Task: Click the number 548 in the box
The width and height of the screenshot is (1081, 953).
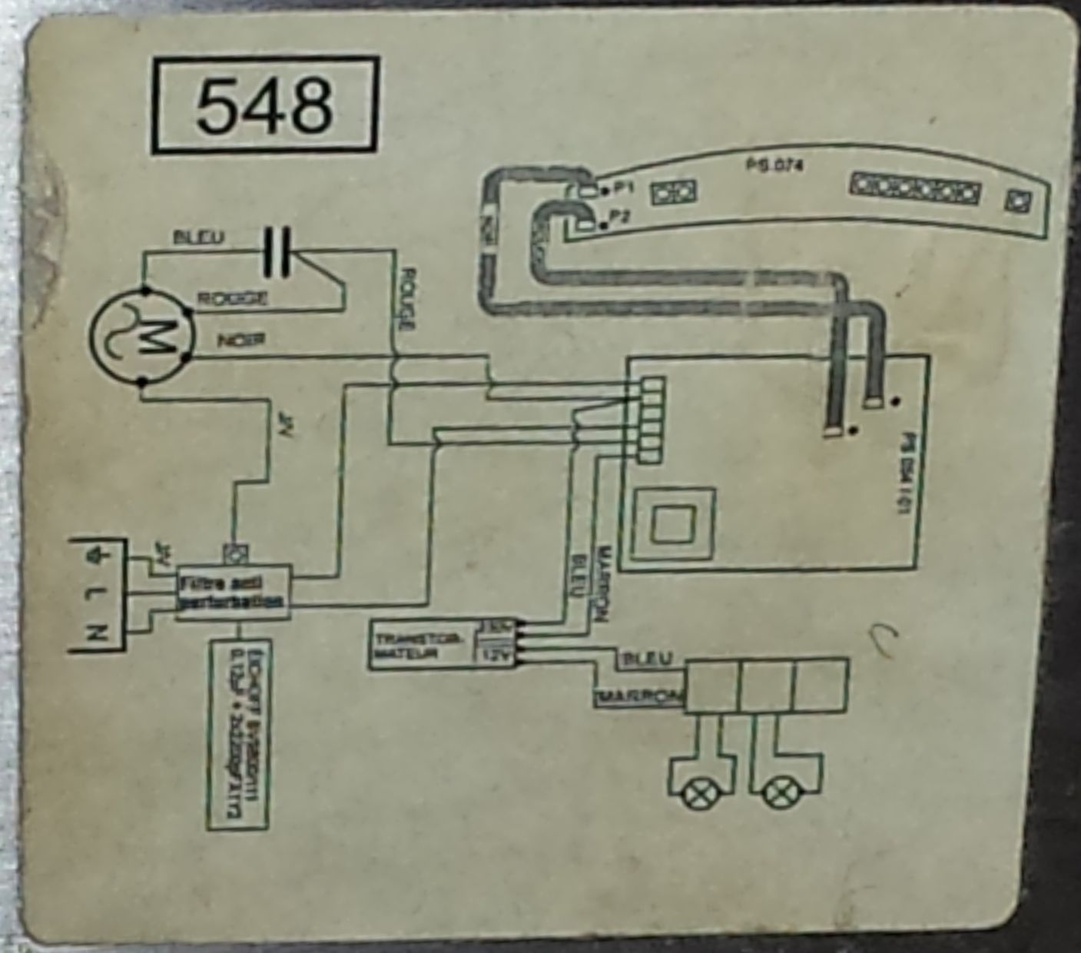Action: click(x=265, y=105)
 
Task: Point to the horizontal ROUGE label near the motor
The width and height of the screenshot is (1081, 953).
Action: click(x=233, y=298)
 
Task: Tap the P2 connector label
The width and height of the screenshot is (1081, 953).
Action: click(x=621, y=217)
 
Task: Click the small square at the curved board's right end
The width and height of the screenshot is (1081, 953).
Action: click(x=1017, y=200)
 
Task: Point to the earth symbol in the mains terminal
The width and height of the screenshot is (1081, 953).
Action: click(x=95, y=553)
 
